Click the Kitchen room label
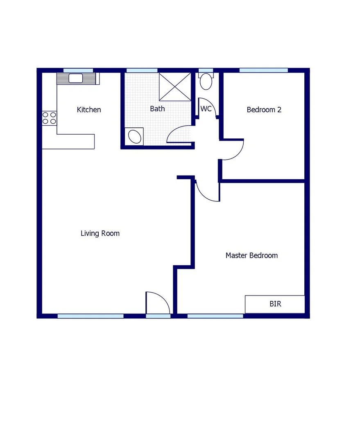(89, 110)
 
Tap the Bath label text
(157, 109)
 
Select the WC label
(206, 109)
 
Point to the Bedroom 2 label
(264, 110)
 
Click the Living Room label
(100, 233)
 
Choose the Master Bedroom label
(251, 255)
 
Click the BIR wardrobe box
(275, 304)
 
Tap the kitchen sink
(76, 78)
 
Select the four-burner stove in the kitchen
(49, 118)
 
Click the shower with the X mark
(175, 86)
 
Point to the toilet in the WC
(206, 81)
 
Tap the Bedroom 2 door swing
(233, 150)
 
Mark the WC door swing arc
(207, 107)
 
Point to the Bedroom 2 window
(263, 70)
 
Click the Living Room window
(91, 316)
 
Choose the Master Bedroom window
(215, 316)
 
